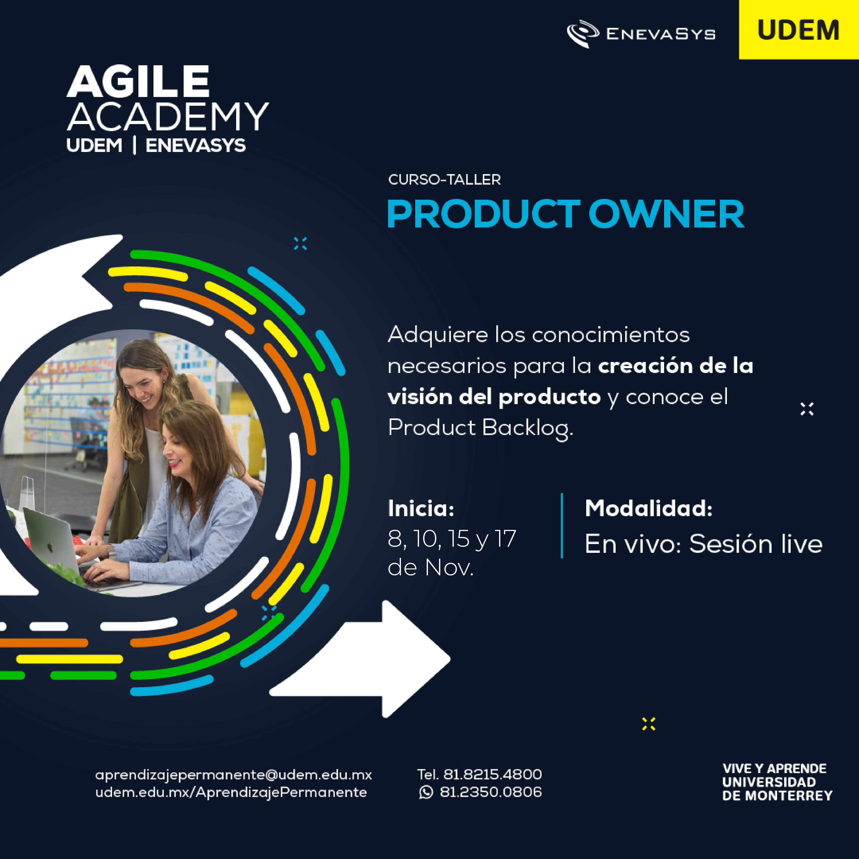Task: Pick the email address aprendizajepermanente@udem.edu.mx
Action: (x=233, y=775)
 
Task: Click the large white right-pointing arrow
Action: (x=360, y=659)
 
